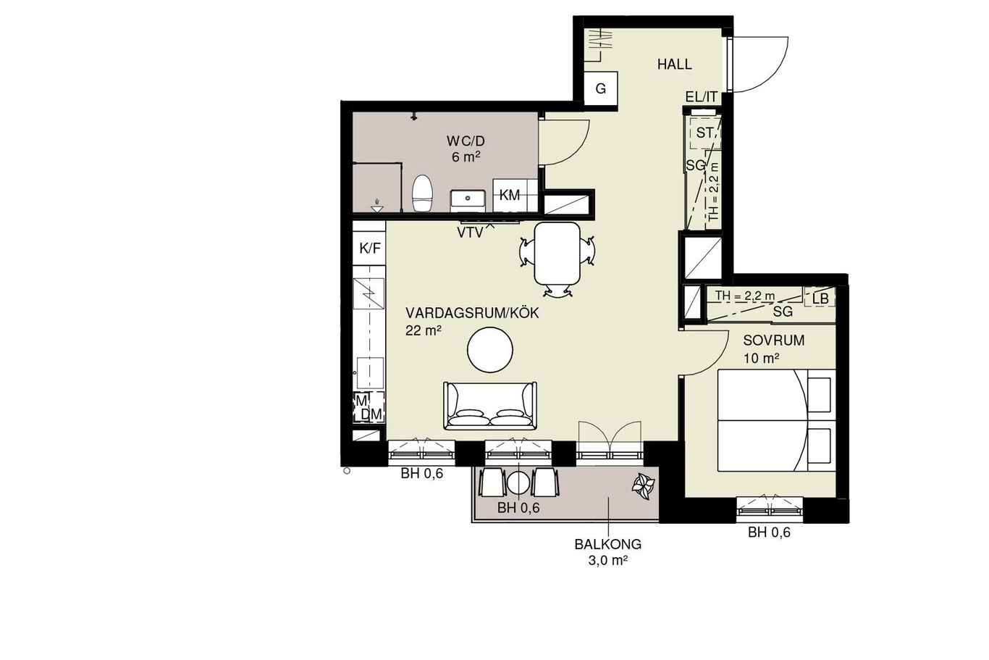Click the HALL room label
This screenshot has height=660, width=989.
674,64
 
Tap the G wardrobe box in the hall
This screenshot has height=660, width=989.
600,89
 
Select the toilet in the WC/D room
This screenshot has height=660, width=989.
422,193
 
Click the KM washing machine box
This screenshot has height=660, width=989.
510,196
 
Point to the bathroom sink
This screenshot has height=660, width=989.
468,201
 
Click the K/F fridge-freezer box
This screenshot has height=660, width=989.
369,248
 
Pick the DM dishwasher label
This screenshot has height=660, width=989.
371,414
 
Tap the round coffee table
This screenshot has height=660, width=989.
490,350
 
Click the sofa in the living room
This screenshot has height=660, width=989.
490,406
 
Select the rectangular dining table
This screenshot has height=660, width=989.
557,254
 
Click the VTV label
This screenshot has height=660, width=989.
470,233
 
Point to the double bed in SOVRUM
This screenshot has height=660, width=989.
777,421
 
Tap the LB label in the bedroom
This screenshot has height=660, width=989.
821,298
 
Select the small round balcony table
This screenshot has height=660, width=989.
518,483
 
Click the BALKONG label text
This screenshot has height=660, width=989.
607,544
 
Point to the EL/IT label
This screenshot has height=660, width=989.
701,97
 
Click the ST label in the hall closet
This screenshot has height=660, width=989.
704,133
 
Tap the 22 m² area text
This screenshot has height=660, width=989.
424,330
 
